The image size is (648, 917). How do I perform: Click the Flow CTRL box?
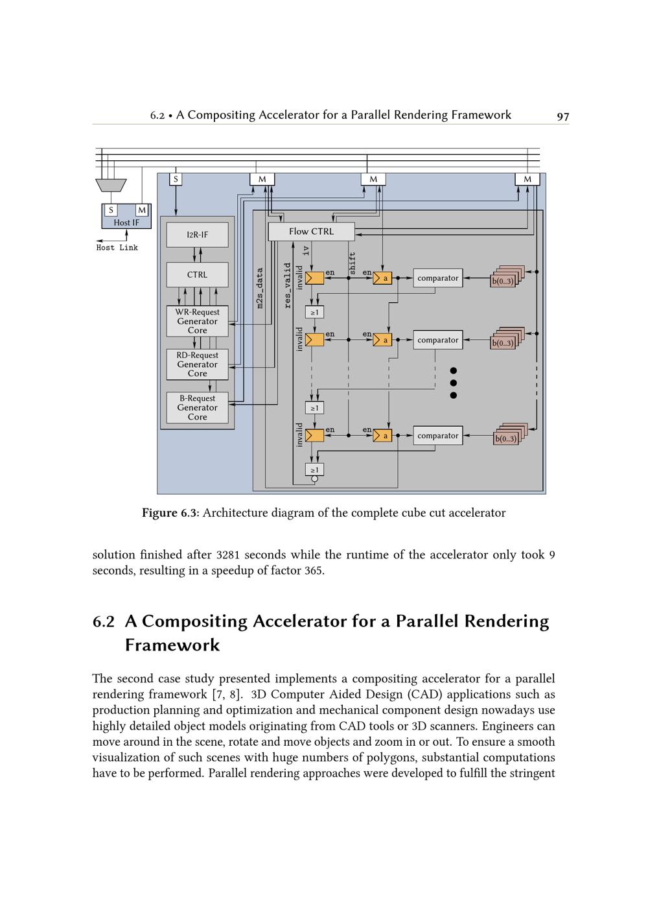[x=311, y=232]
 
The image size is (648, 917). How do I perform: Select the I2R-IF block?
[x=197, y=235]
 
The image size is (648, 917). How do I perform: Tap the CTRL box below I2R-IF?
[x=197, y=274]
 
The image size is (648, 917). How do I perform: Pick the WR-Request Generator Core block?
[x=197, y=321]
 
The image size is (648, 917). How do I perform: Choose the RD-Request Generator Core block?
[x=197, y=364]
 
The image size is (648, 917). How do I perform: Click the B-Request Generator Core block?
[x=197, y=408]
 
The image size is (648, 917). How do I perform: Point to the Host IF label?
[x=126, y=222]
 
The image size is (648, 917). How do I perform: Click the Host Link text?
[x=117, y=248]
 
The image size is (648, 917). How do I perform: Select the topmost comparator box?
[x=437, y=278]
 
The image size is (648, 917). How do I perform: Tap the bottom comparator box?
[x=437, y=436]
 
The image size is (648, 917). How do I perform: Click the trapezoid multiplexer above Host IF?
[x=111, y=185]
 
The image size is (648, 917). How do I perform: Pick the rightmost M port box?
[x=527, y=179]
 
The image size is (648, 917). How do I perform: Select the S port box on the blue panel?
[x=176, y=178]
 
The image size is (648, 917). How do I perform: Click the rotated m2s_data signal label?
[x=260, y=288]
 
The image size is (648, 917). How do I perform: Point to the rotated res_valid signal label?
[x=288, y=285]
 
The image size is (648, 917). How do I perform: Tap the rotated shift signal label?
[x=353, y=263]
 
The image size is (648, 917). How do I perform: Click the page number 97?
[x=562, y=116]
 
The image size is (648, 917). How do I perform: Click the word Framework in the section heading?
[x=172, y=645]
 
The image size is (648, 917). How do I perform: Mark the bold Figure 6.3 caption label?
[x=170, y=513]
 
